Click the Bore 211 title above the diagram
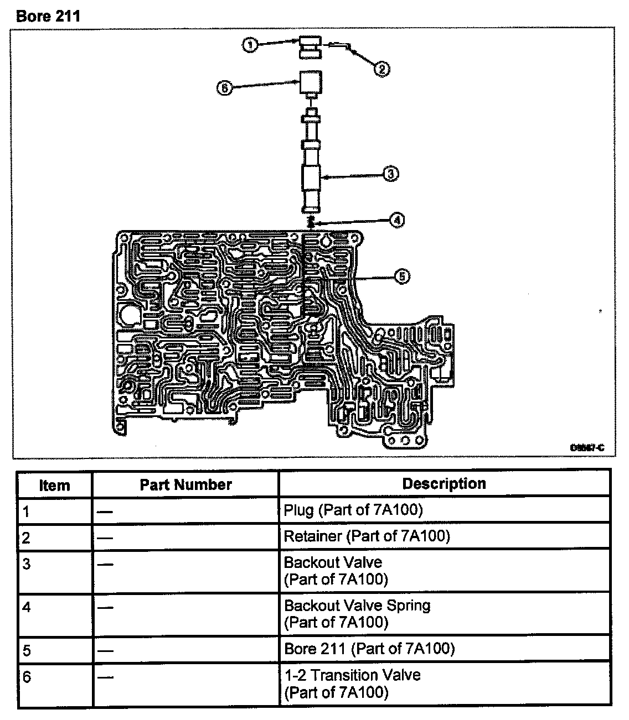48,16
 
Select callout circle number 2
381,69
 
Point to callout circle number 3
391,174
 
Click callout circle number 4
396,220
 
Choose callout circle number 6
224,88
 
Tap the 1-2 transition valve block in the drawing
311,83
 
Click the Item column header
55,486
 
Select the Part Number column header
185,485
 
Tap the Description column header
444,484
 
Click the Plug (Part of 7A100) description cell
353,510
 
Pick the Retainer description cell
367,536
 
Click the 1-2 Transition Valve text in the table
352,675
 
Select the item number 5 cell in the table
27,650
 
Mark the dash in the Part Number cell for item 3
105,565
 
